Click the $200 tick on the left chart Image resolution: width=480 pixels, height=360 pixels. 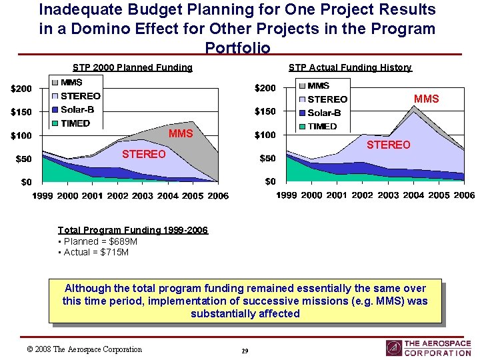coord(20,89)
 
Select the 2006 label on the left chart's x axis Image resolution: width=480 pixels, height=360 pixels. coord(218,195)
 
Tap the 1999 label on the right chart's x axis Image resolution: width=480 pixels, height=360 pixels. coord(287,195)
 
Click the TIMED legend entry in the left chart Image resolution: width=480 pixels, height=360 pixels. coord(75,123)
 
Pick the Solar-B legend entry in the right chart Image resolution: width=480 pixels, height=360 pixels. coord(324,113)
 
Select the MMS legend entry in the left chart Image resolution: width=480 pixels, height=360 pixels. coord(71,83)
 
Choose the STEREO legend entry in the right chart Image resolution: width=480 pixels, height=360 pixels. coord(327,99)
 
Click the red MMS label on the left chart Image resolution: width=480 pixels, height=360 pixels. coord(181,134)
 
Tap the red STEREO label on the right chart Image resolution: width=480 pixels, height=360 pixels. coord(389,145)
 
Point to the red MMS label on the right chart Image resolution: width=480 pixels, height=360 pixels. coord(426,99)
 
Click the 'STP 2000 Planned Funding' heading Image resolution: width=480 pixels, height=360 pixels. coord(132,67)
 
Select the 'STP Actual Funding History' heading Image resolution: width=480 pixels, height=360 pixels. coord(350,67)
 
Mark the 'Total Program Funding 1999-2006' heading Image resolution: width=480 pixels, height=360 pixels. coord(133,230)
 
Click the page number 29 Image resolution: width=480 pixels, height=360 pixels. coord(245,351)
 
